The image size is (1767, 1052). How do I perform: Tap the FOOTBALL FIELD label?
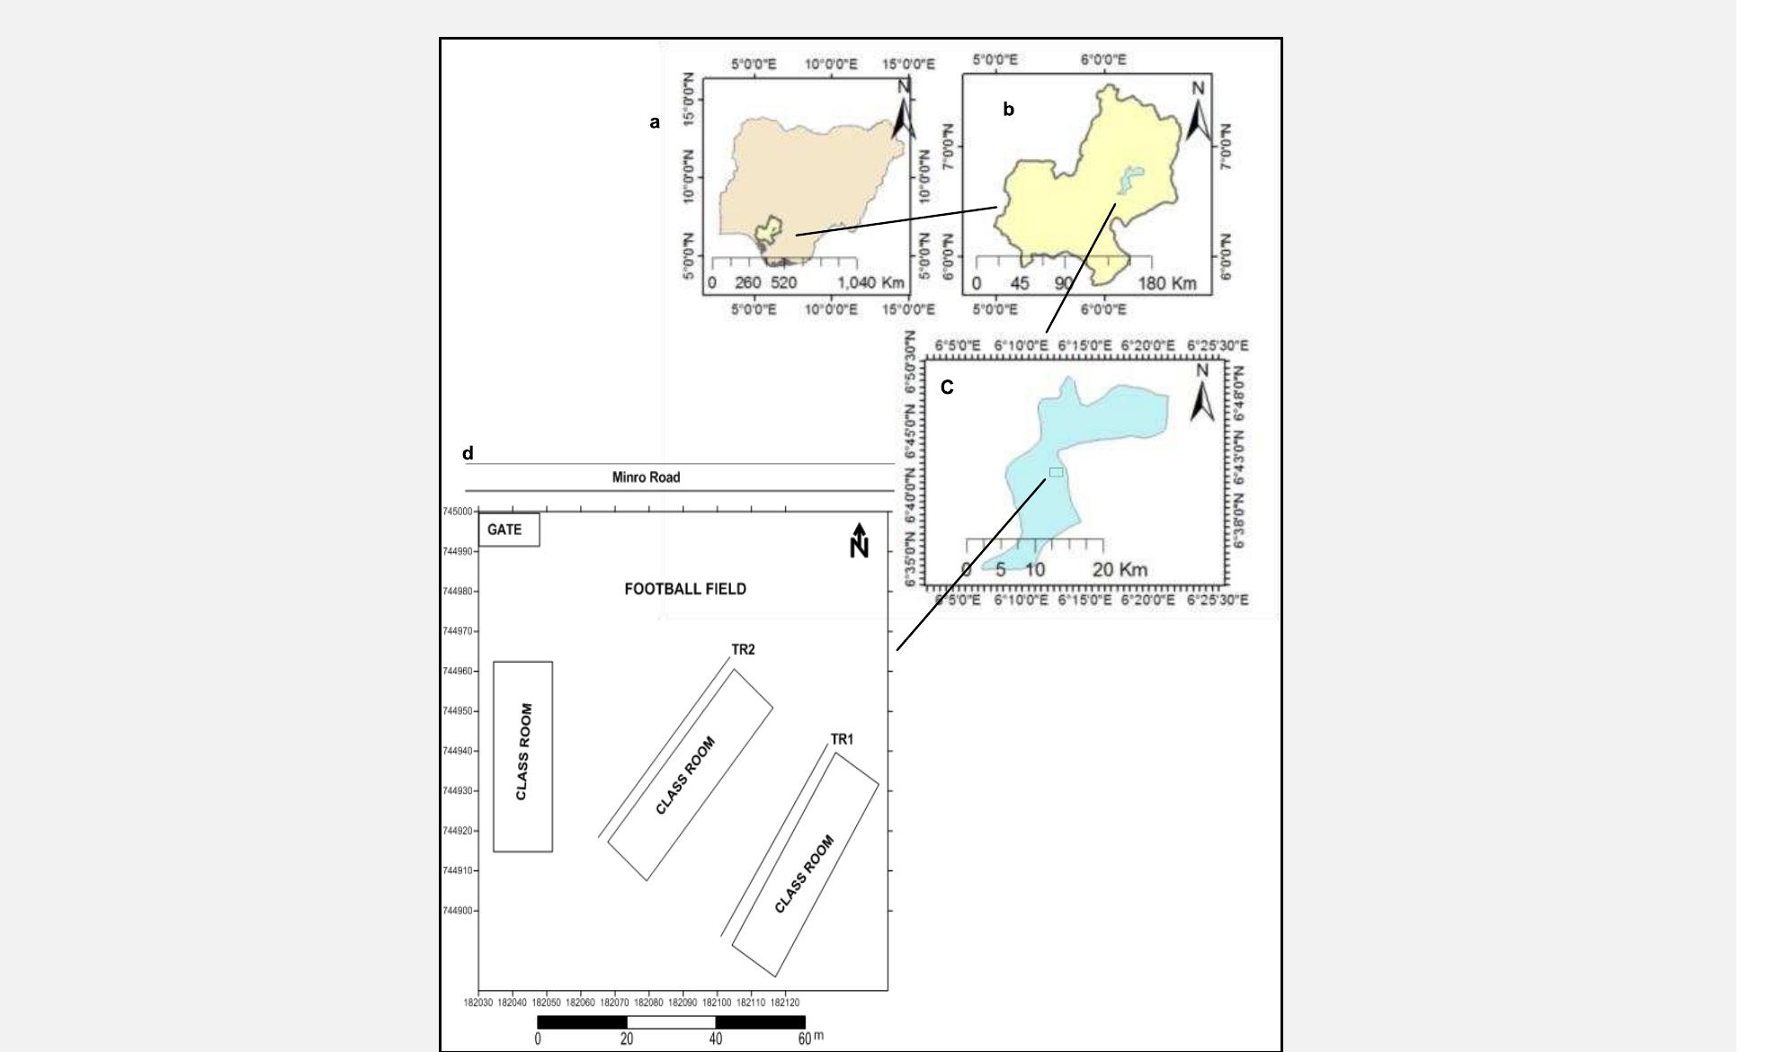685,589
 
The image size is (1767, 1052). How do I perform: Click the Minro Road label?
646,477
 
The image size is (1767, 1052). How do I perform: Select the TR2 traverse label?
743,649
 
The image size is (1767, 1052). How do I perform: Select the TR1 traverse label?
842,739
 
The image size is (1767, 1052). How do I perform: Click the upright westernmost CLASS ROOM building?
522,756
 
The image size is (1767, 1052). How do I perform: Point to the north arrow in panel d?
860,539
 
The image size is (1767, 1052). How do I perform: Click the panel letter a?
655,122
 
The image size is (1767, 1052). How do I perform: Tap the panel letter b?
1008,110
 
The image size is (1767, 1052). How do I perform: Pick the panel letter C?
947,388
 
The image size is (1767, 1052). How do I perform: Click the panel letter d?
468,453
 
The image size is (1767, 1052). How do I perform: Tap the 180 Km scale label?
1167,283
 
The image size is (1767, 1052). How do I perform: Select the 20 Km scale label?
1120,569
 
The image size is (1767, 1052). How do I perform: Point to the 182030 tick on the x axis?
477,1002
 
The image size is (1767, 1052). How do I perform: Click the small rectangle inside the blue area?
1056,472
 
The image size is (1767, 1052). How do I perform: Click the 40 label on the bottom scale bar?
715,1039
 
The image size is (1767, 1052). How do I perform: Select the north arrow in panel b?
1198,113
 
